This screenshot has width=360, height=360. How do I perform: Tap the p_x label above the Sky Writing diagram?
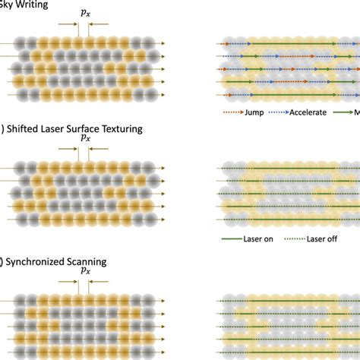tap(83, 14)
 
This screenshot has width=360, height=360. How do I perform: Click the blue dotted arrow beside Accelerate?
tap(276, 112)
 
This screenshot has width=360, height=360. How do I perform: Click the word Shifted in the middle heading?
tap(25, 129)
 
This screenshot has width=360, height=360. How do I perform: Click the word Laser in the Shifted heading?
tap(52, 129)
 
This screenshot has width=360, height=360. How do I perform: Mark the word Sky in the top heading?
tap(5, 5)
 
